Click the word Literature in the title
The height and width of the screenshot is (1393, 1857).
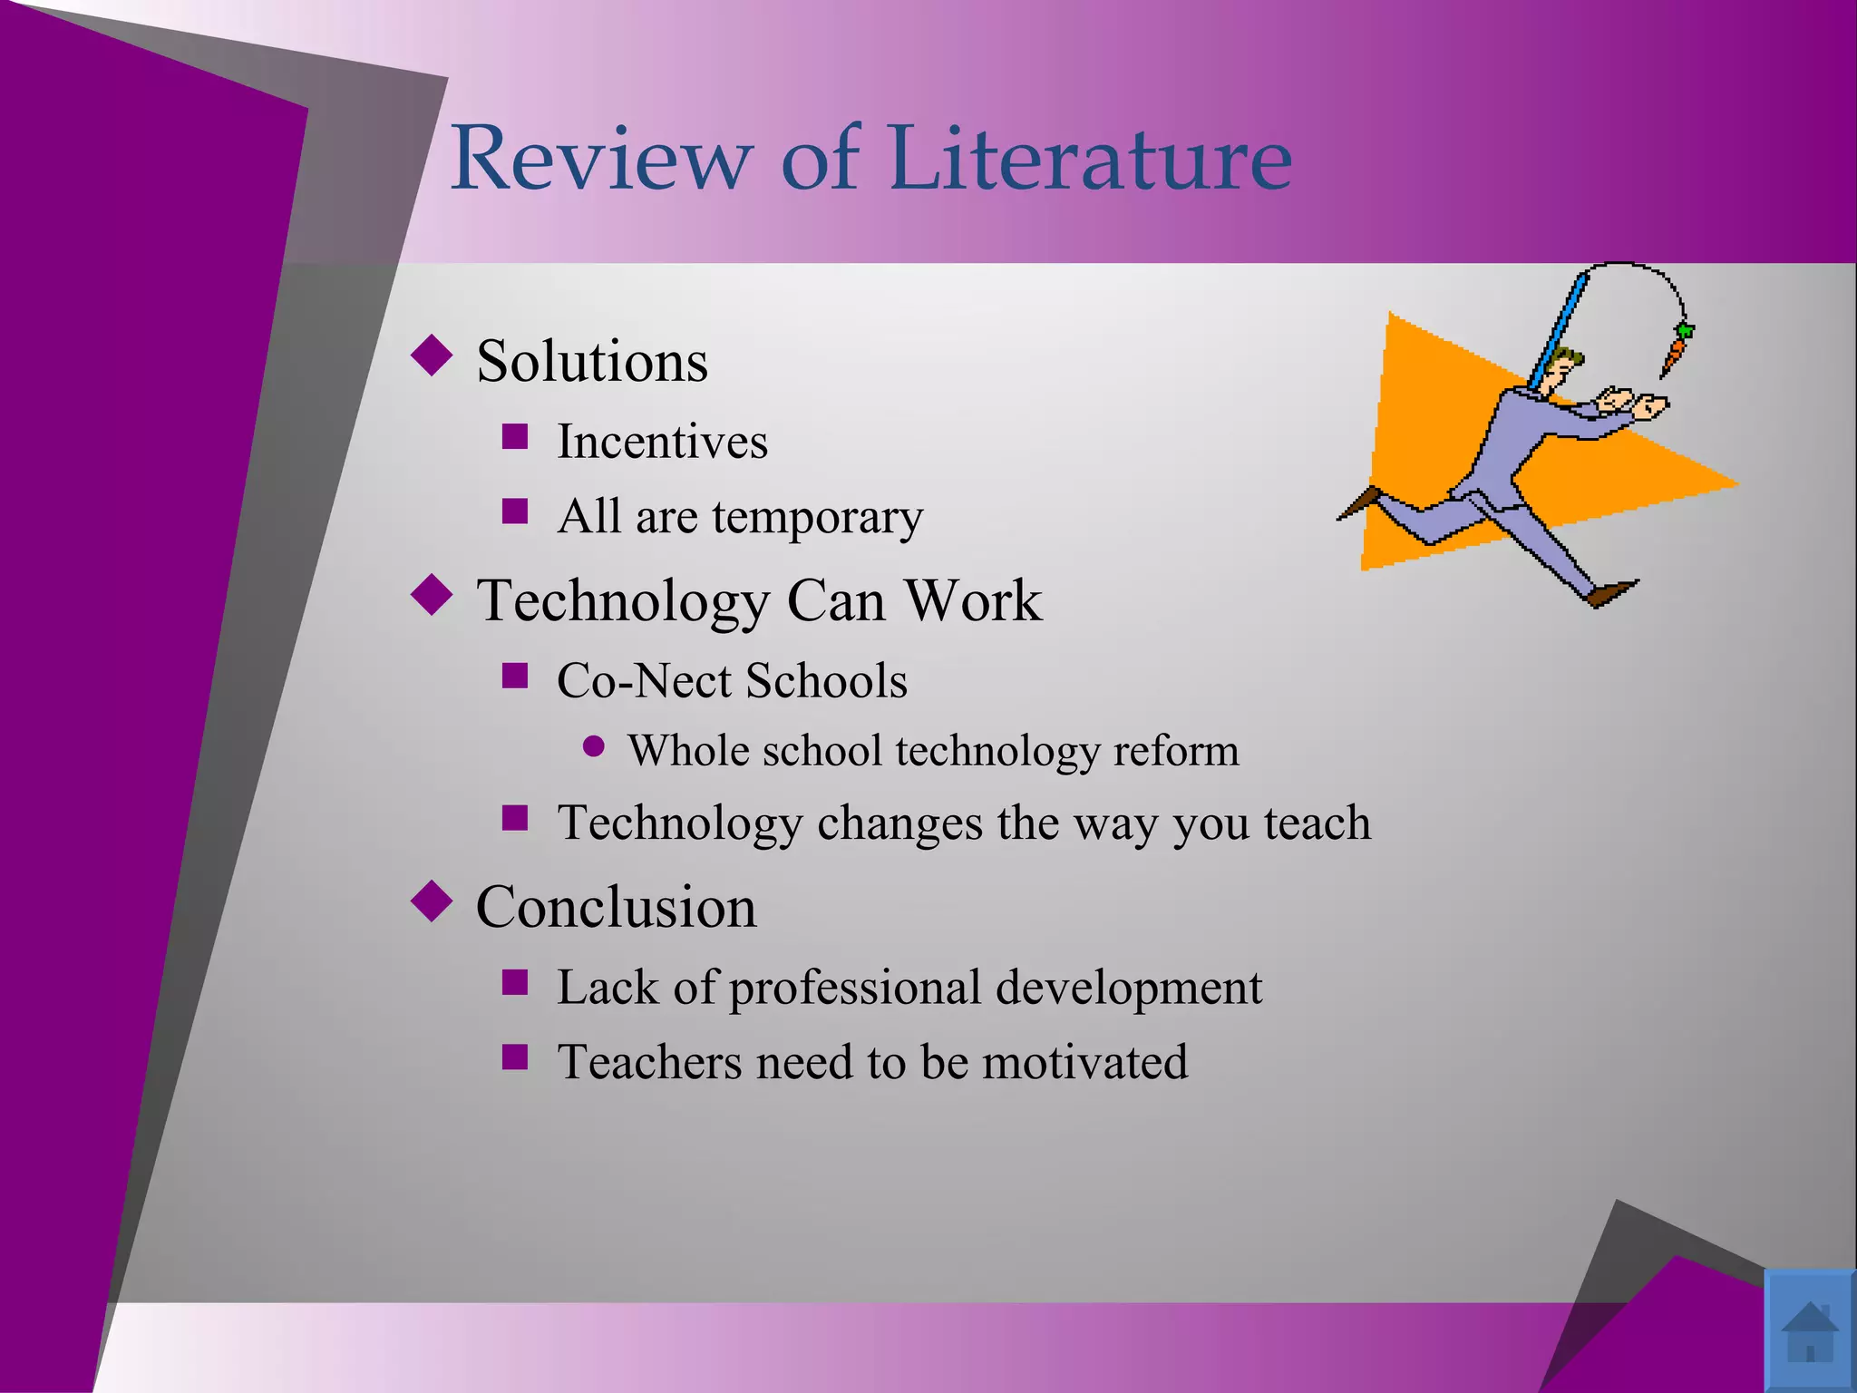point(1091,159)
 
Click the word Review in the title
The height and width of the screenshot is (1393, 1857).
point(601,159)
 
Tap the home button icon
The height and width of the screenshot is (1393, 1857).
point(1809,1331)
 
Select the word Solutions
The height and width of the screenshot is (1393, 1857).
point(592,361)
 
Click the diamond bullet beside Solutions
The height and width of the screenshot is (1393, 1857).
point(432,356)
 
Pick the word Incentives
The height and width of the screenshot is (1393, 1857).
point(662,442)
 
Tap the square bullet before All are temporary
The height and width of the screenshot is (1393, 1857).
point(515,511)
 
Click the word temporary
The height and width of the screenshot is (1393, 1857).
point(817,517)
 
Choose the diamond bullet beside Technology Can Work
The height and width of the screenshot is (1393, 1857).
point(432,595)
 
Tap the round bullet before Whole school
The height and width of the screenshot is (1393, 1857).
point(594,746)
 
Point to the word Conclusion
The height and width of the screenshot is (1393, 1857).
point(616,906)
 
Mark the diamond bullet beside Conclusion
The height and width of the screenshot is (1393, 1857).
point(432,901)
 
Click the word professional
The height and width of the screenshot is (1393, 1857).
point(855,988)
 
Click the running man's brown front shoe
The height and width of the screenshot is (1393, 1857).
point(1612,592)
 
